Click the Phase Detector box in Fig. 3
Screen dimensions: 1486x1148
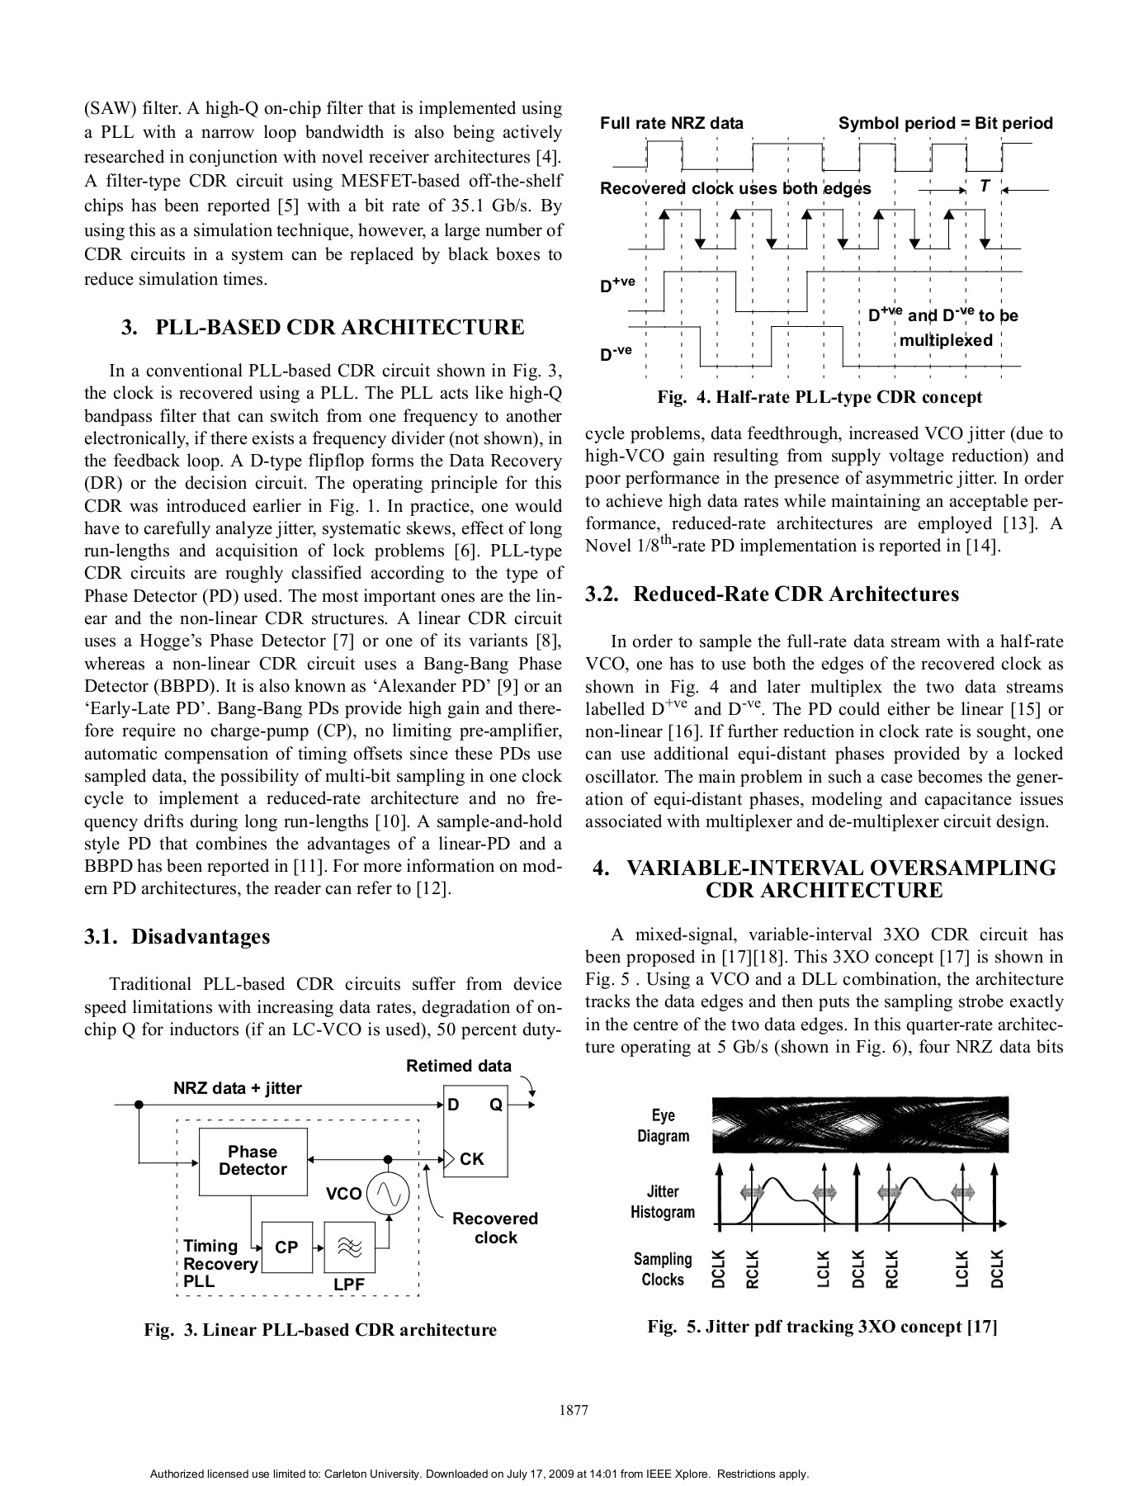(x=253, y=1162)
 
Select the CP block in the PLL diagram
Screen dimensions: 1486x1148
(x=286, y=1247)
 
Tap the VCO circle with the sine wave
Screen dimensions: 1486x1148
(x=388, y=1194)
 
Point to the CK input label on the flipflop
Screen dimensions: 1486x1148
(x=471, y=1159)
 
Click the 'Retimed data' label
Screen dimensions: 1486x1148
(x=458, y=1066)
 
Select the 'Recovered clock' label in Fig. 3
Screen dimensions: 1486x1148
(x=495, y=1228)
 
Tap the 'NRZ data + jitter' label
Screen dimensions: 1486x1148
(x=238, y=1088)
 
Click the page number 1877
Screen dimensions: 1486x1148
(x=574, y=1410)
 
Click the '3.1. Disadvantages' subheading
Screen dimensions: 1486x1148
(x=177, y=936)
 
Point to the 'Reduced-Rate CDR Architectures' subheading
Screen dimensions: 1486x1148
(x=772, y=594)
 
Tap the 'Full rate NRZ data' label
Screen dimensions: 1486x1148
(x=672, y=124)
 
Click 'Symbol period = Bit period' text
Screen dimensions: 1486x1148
(x=946, y=124)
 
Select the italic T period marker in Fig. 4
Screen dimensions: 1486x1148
(x=985, y=187)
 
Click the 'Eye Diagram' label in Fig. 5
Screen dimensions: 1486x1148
(x=663, y=1125)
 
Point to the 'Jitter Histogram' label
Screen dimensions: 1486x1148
(x=663, y=1201)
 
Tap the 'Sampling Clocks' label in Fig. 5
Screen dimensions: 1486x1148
(x=663, y=1269)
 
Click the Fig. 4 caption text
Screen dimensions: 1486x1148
(x=820, y=397)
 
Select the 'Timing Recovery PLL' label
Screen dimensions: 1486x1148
(x=220, y=1264)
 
